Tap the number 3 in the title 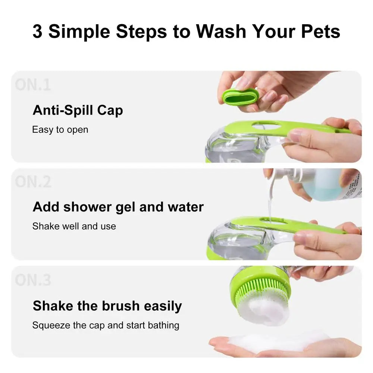click(x=37, y=31)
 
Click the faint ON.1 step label click(x=33, y=85)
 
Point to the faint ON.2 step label click(x=33, y=182)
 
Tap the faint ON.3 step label click(x=33, y=280)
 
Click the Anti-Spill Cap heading click(x=78, y=110)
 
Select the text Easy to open click(x=60, y=130)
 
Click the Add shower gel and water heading click(x=118, y=207)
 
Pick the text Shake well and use click(x=74, y=226)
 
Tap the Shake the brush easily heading click(x=107, y=306)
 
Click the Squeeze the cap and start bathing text click(x=106, y=325)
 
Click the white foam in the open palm click(x=276, y=340)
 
